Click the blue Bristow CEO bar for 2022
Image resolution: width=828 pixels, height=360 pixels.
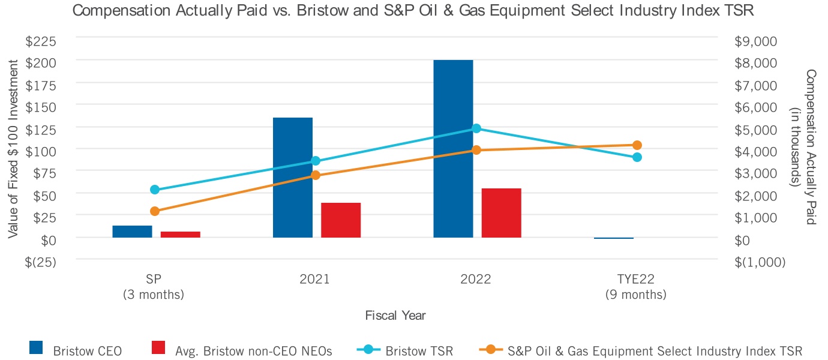point(453,149)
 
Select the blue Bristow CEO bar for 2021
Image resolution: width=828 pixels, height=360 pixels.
point(293,178)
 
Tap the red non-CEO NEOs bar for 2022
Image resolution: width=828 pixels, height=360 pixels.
point(502,213)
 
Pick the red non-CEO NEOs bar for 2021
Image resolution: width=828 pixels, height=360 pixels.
point(341,220)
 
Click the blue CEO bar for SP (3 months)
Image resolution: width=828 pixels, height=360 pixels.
point(132,232)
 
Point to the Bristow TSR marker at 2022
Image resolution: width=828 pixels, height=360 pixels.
point(476,128)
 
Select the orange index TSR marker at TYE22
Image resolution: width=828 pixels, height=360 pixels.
point(637,145)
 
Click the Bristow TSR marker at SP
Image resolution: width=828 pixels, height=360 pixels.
point(155,190)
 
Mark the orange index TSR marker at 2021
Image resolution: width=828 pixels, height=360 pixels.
point(316,175)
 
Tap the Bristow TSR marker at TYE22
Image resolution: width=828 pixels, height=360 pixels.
point(637,157)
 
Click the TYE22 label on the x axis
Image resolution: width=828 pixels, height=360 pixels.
point(636,280)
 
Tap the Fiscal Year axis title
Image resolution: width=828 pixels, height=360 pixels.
point(395,315)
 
